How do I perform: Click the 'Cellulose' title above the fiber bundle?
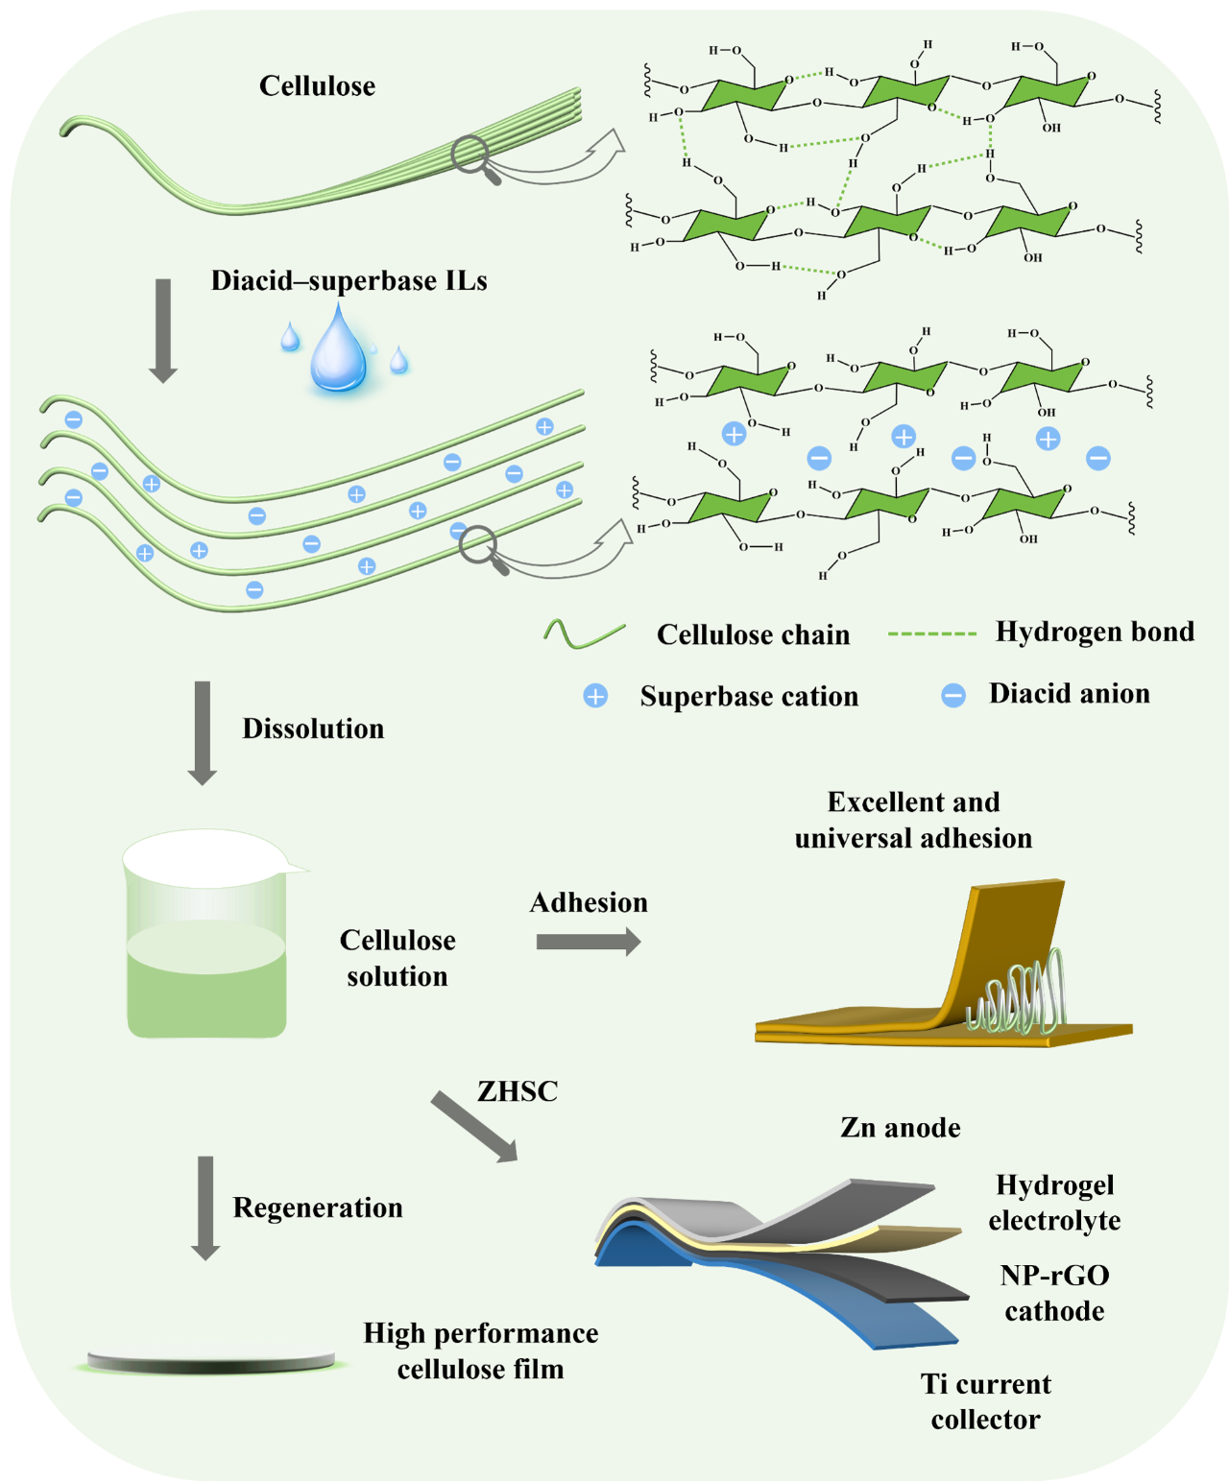(x=317, y=86)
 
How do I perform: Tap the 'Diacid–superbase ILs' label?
(x=349, y=281)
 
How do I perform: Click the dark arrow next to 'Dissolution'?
(x=203, y=731)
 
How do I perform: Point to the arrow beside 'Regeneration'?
(x=205, y=1206)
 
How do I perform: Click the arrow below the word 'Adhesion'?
(x=588, y=942)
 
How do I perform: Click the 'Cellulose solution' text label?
(x=398, y=958)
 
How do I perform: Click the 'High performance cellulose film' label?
(x=480, y=1350)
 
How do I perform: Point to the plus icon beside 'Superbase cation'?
(x=595, y=696)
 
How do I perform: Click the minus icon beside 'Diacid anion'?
(x=953, y=695)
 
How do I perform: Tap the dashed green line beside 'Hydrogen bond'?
(x=931, y=633)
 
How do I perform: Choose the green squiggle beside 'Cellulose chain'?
(x=584, y=633)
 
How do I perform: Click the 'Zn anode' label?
(x=900, y=1128)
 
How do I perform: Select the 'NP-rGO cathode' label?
(x=1054, y=1293)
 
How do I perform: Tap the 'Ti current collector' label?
(x=985, y=1401)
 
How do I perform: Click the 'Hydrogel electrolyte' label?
(x=1054, y=1203)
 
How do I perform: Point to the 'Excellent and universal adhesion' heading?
(x=913, y=820)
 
